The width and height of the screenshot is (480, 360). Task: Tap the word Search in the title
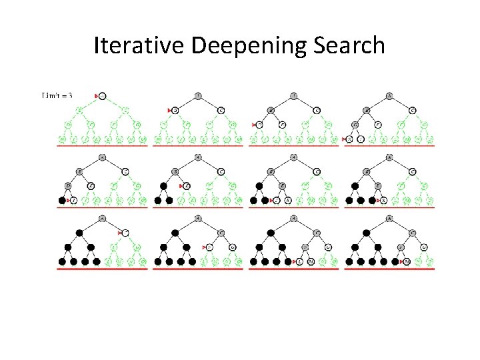(x=351, y=45)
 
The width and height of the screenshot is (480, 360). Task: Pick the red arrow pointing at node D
(x=254, y=125)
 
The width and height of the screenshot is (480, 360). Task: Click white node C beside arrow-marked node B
(x=221, y=110)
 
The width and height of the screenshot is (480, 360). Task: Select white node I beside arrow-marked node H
(x=361, y=139)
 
